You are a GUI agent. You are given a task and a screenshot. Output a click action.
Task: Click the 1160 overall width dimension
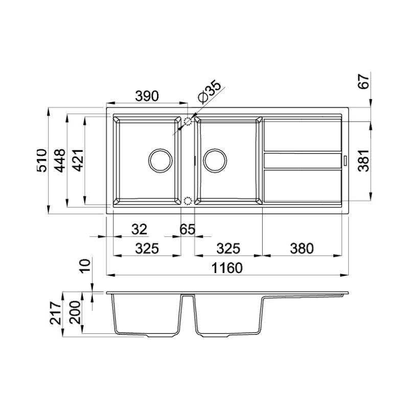[x=227, y=268]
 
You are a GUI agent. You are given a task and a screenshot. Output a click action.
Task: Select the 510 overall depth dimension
[x=42, y=160]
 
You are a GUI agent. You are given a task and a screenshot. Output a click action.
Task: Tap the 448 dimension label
[x=59, y=160]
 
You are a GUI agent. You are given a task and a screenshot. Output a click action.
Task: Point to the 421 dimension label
[x=78, y=160]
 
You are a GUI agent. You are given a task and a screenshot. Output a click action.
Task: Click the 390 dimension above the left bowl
[x=147, y=96]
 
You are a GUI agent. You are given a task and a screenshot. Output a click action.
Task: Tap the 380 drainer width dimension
[x=302, y=248]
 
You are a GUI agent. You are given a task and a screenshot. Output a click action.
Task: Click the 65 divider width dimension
[x=187, y=230]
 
